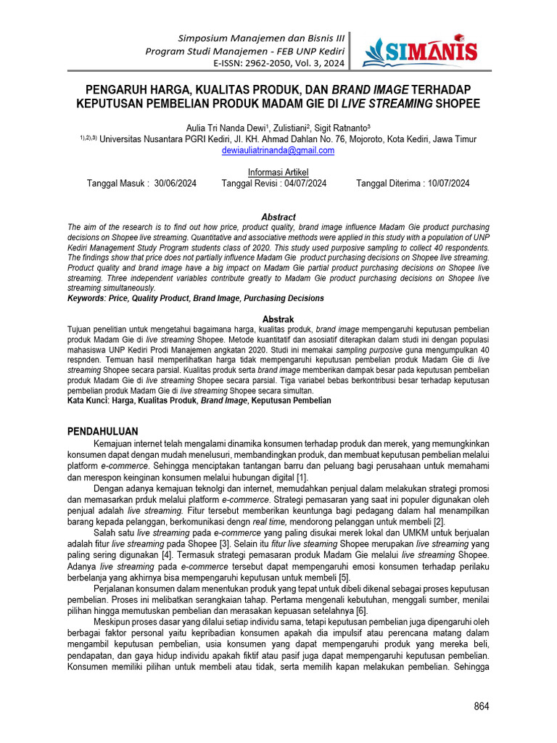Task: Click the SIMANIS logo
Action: (420, 50)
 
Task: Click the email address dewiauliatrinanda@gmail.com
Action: (278, 150)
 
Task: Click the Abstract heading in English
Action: (278, 217)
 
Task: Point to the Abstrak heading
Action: (278, 319)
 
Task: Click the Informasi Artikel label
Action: (278, 172)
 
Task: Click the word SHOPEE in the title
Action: (457, 104)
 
